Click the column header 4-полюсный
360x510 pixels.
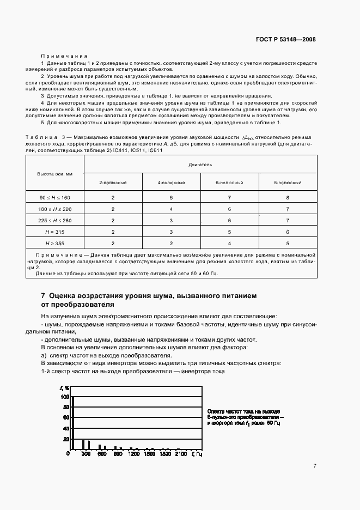171,183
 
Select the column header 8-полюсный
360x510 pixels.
288,183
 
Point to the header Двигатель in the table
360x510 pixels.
200,163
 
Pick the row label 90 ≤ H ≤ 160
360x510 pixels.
54,198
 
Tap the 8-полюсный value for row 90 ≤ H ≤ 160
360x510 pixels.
288,198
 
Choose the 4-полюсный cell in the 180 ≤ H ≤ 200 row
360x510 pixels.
171,209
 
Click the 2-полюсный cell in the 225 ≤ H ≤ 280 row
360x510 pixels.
113,220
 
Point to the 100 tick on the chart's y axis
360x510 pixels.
65,397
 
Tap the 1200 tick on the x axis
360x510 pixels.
133,454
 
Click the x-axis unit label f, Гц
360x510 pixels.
196,454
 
